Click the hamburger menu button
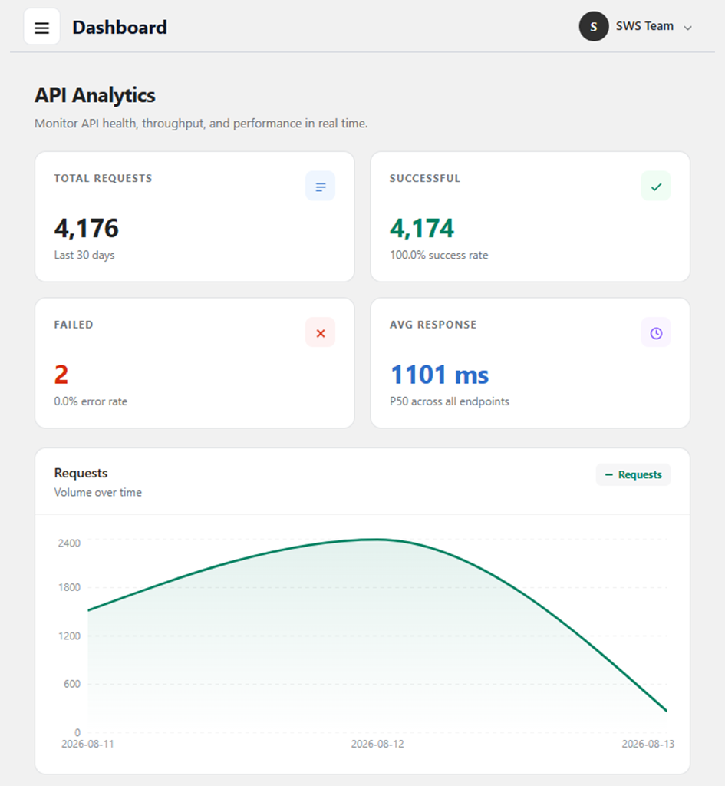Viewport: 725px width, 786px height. [x=41, y=27]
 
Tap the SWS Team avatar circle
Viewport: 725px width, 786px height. [x=594, y=27]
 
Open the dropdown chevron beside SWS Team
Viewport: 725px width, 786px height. [x=688, y=28]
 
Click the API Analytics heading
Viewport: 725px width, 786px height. [x=94, y=95]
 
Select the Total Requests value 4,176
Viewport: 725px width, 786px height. [x=86, y=228]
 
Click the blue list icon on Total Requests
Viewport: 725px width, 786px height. [x=320, y=187]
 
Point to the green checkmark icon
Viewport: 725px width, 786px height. [x=656, y=187]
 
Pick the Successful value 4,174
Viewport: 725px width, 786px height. [x=422, y=228]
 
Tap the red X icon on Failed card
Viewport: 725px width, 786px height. [x=320, y=333]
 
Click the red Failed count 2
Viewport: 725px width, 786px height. [x=61, y=375]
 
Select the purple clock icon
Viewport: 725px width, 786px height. [x=656, y=333]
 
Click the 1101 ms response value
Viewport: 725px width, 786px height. [x=440, y=375]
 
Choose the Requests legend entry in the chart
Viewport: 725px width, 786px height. [x=633, y=474]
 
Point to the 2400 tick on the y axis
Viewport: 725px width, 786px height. [x=69, y=543]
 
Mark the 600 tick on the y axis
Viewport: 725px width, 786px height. [x=71, y=684]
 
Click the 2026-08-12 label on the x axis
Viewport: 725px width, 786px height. [x=377, y=744]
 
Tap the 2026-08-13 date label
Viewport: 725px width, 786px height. [x=648, y=744]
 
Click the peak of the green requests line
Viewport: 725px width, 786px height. [x=377, y=540]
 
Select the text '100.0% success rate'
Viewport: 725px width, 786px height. [x=439, y=255]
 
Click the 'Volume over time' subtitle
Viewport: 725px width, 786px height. [x=97, y=492]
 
